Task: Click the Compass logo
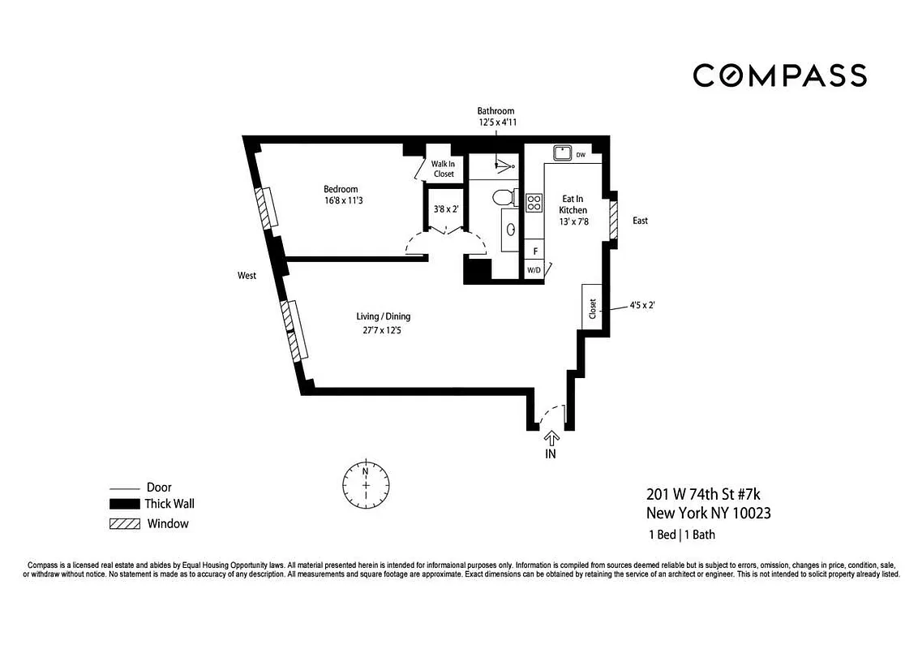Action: coord(779,75)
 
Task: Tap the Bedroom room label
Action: coord(341,189)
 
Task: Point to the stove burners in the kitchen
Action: coord(534,202)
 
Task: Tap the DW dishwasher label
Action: coord(581,153)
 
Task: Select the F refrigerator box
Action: coord(534,251)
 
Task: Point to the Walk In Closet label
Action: coord(443,169)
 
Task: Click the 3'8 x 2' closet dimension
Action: coord(446,209)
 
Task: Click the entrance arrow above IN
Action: coord(551,439)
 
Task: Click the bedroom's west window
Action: coord(266,208)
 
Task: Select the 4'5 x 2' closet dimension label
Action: coord(641,307)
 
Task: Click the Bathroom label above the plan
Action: coord(495,111)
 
